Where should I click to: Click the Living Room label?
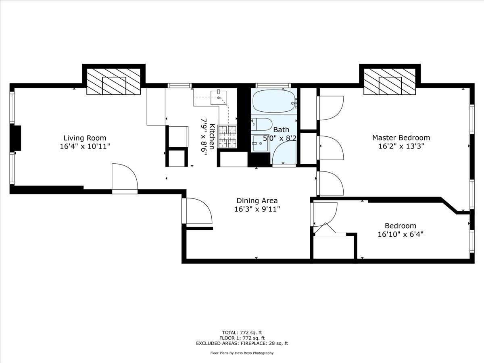85,138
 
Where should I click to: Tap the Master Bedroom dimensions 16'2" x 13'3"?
401,147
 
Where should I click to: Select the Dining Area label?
257,200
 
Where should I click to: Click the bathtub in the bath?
274,101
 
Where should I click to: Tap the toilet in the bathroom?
261,124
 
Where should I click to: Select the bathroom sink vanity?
261,142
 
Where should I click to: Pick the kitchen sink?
219,97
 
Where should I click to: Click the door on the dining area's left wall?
198,211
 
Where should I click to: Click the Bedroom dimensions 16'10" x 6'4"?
400,234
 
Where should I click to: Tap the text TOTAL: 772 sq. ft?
242,332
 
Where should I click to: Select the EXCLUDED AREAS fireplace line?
242,344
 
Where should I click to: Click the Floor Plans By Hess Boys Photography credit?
242,353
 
